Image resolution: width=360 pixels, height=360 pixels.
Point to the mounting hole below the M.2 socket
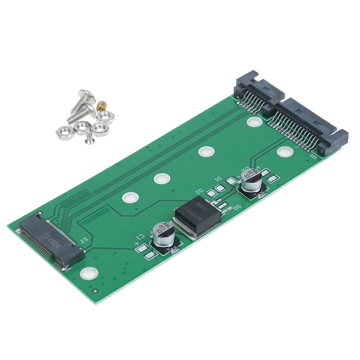click(x=88, y=273)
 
